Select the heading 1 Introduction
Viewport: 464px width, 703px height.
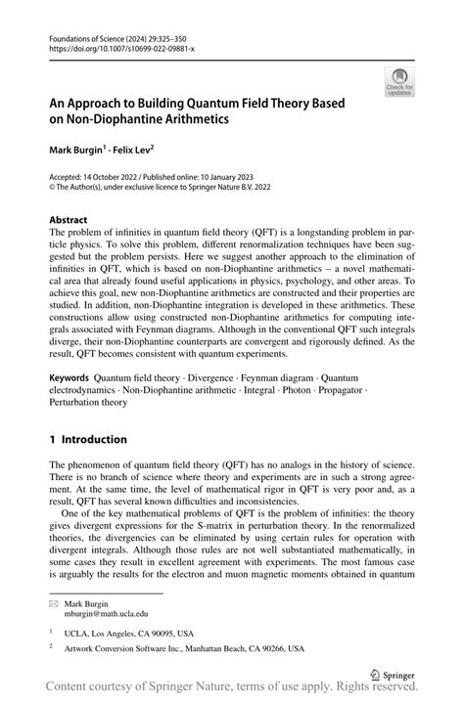[88, 439]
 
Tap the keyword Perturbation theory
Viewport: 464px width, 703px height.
[89, 401]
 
